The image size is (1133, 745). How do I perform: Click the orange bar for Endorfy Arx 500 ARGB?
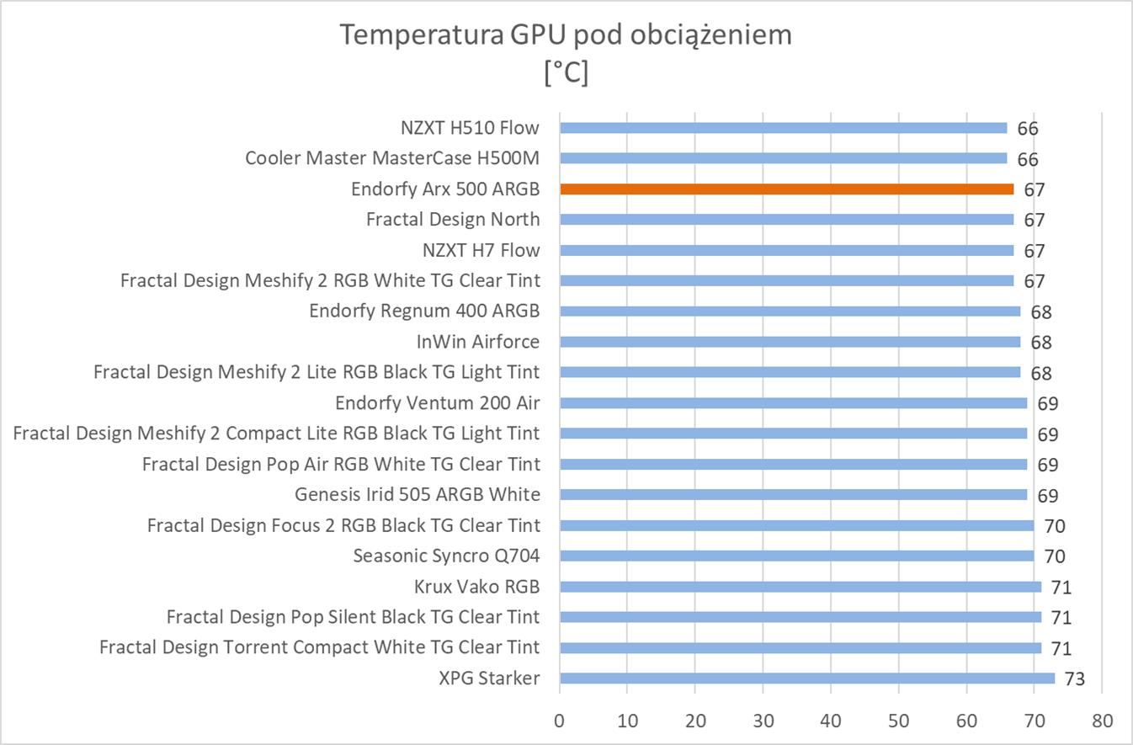(x=786, y=189)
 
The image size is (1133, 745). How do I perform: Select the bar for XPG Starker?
(x=806, y=678)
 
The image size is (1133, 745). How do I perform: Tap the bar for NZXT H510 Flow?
(x=783, y=128)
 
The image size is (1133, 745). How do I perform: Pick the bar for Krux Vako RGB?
(x=800, y=587)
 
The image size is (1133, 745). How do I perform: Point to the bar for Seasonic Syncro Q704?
(x=796, y=556)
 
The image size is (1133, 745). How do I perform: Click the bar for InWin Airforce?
(x=790, y=342)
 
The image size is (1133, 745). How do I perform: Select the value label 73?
(x=1074, y=679)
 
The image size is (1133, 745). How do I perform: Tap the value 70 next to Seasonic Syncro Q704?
(x=1054, y=556)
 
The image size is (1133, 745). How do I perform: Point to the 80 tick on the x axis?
(x=1102, y=721)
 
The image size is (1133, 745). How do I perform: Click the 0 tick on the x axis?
(x=560, y=721)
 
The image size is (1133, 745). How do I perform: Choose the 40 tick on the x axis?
(x=831, y=721)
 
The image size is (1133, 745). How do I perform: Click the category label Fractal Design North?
(x=453, y=220)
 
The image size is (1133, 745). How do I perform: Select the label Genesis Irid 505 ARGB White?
(x=417, y=494)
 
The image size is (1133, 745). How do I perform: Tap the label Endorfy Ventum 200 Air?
(x=437, y=402)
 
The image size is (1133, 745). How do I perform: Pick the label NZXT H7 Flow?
(x=481, y=250)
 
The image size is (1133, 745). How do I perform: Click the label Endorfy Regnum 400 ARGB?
(x=424, y=311)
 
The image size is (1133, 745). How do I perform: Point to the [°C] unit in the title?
(x=566, y=73)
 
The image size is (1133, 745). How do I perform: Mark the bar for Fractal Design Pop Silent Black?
(x=800, y=617)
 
